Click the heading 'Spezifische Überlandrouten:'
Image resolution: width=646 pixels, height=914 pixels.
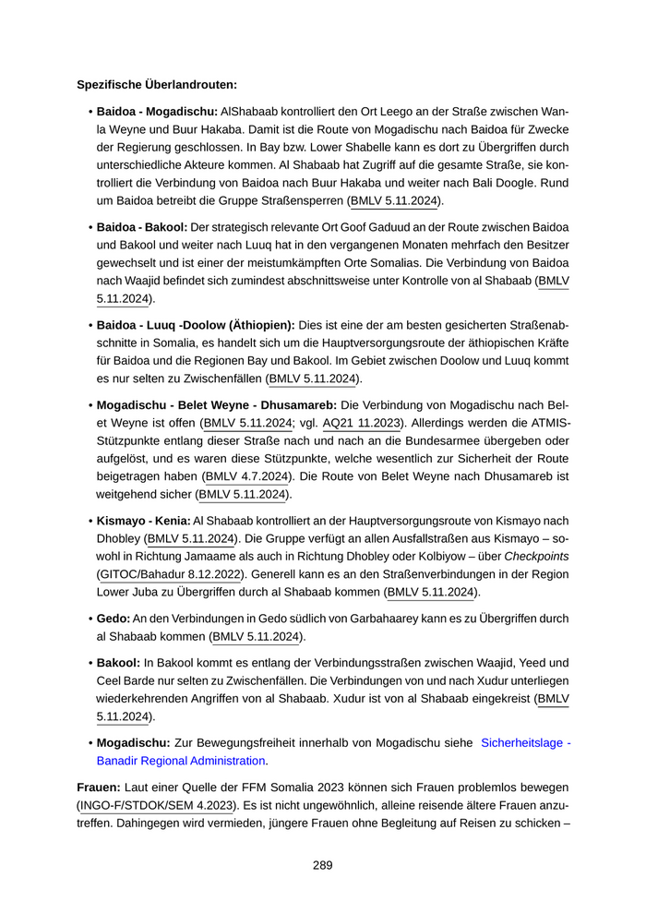pos(157,85)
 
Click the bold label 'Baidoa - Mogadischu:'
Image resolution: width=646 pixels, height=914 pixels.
pos(157,112)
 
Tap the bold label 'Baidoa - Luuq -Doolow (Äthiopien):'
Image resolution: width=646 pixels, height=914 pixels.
pos(196,325)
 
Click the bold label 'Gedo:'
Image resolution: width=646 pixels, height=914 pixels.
pos(113,618)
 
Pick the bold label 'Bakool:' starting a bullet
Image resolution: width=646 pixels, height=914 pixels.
pos(118,662)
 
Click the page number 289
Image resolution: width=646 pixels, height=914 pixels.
pos(322,865)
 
